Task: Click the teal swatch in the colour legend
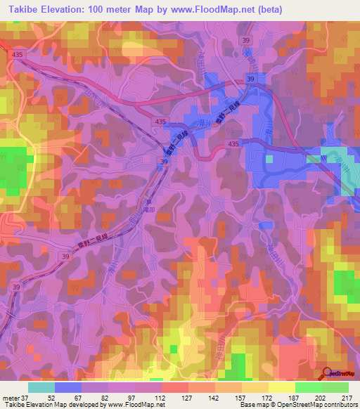pyautogui.click(x=41, y=387)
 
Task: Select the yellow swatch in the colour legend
pyautogui.click(x=281, y=387)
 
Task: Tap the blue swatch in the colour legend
pyautogui.click(x=67, y=387)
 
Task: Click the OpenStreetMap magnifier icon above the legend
pyautogui.click(x=327, y=372)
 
